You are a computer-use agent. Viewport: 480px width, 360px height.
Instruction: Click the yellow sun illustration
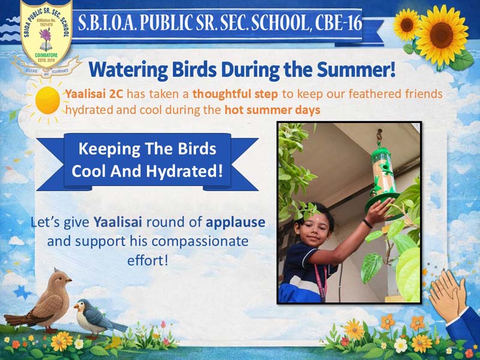(47, 100)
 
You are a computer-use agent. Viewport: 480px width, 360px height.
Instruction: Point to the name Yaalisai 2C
(94, 94)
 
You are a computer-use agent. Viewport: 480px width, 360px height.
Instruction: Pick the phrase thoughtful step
(235, 94)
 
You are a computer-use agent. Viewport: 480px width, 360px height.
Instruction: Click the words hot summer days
(272, 110)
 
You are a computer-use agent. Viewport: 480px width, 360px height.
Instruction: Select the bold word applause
(235, 223)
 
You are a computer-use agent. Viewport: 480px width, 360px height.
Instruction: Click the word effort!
(148, 260)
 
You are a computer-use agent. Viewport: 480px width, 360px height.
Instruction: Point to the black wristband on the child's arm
(368, 223)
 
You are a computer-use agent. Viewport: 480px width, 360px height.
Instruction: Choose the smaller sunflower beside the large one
(407, 25)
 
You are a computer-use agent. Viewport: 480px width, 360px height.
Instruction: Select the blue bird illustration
(98, 319)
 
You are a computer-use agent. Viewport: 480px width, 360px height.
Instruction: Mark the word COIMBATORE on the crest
(46, 55)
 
